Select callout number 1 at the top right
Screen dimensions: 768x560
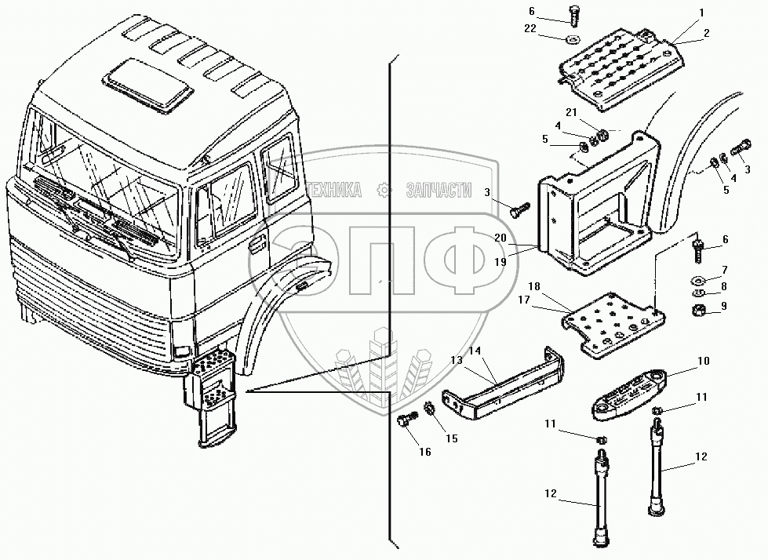pos(702,13)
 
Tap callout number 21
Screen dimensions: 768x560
pos(573,111)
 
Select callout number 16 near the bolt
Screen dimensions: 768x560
pos(424,451)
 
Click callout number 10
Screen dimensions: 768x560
pos(703,362)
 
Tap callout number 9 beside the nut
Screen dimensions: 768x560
pos(724,305)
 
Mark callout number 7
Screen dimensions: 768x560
pos(724,270)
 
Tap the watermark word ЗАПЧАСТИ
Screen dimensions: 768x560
pos(439,191)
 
